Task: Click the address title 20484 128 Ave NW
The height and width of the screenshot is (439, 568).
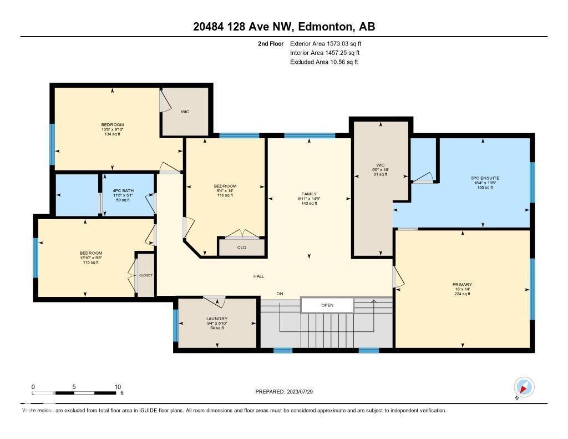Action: click(x=284, y=27)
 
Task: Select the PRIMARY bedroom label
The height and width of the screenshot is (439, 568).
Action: click(x=461, y=284)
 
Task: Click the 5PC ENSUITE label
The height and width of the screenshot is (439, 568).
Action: click(x=481, y=178)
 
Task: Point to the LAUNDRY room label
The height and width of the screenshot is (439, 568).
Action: click(x=217, y=319)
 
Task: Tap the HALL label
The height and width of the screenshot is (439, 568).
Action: click(x=258, y=276)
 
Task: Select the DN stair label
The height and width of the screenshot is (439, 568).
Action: click(x=280, y=294)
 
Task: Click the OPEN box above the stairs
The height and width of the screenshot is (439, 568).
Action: click(x=327, y=305)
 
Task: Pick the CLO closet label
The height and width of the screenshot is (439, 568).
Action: click(x=241, y=248)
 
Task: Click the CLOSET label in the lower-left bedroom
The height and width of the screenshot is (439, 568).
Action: click(x=145, y=275)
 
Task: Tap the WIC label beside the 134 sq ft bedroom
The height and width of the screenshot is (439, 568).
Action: click(x=185, y=112)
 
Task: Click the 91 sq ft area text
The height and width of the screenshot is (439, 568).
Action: click(x=380, y=174)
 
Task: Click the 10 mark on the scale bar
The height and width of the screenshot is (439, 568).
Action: click(x=118, y=387)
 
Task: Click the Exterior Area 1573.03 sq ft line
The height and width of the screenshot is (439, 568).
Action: click(x=325, y=43)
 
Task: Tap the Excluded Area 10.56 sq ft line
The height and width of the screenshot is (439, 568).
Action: click(x=324, y=62)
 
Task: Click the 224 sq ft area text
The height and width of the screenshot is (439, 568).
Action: click(x=461, y=294)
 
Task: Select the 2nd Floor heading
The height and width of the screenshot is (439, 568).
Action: click(x=271, y=43)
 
